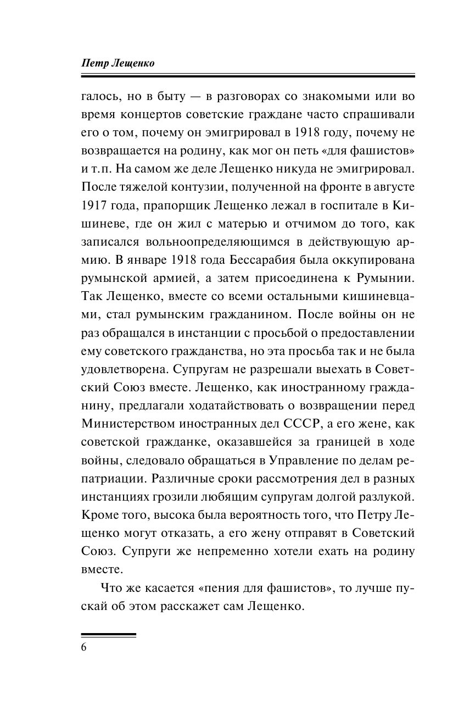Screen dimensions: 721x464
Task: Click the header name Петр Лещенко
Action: pyautogui.click(x=118, y=63)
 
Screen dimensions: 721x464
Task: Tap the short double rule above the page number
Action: pyautogui.click(x=108, y=635)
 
